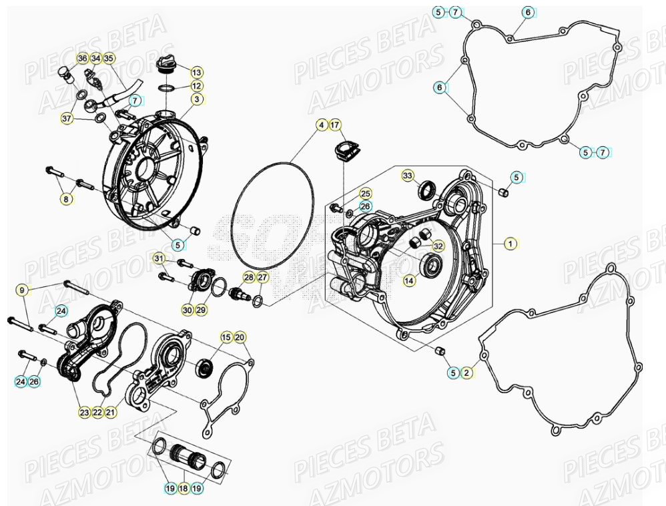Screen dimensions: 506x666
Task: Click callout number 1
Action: pyautogui.click(x=509, y=244)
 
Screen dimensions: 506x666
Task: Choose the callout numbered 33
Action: pyautogui.click(x=407, y=176)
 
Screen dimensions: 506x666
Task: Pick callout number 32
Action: pyautogui.click(x=437, y=246)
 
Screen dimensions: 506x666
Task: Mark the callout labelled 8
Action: pyautogui.click(x=65, y=198)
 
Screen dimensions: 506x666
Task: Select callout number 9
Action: pyautogui.click(x=22, y=290)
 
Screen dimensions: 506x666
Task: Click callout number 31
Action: pyautogui.click(x=159, y=258)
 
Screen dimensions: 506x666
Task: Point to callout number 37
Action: pyautogui.click(x=67, y=118)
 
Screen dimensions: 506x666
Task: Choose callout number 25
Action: pyautogui.click(x=365, y=194)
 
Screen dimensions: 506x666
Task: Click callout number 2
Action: pyautogui.click(x=466, y=372)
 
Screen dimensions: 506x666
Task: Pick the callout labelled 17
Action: pyautogui.click(x=335, y=125)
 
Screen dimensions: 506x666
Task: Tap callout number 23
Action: pyautogui.click(x=84, y=413)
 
